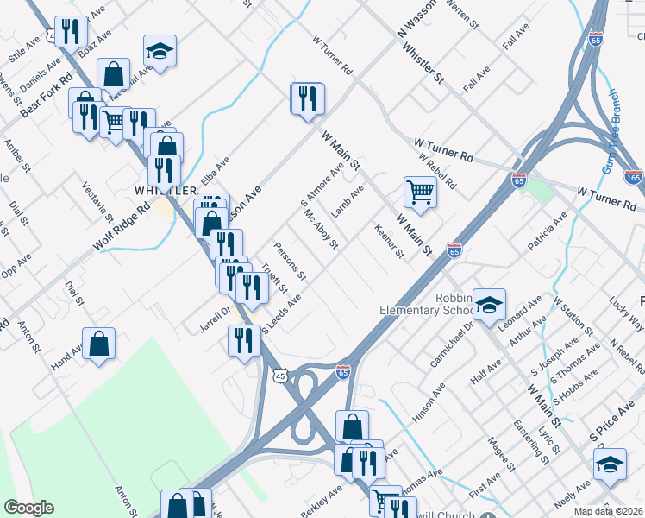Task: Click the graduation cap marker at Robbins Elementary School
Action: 489,304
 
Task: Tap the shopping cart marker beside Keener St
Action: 420,193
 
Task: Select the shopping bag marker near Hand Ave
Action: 99,344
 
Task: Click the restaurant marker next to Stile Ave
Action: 71,33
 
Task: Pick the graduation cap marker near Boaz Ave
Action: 160,51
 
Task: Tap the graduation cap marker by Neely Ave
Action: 610,466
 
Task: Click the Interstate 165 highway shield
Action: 633,178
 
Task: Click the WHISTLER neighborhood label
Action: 160,189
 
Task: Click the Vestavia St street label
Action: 97,200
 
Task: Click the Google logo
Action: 28,508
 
